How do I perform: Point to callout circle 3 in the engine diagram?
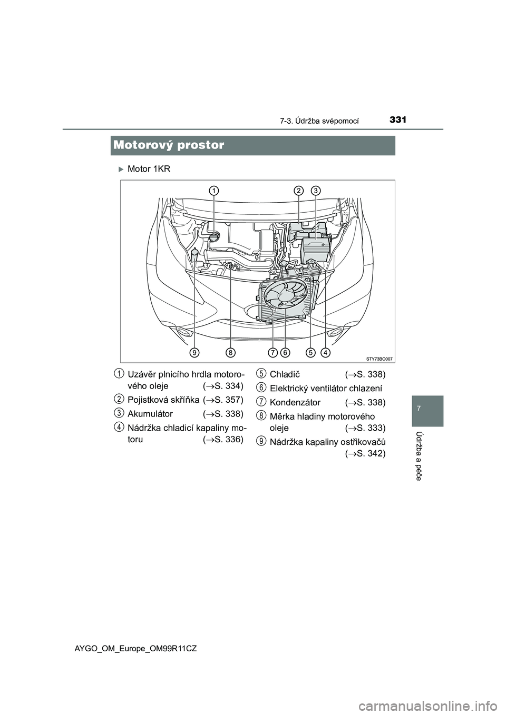(x=316, y=190)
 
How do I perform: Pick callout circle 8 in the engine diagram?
(x=231, y=351)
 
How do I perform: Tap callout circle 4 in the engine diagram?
(x=325, y=351)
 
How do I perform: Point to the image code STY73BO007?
(x=379, y=358)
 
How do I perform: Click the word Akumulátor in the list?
(x=150, y=414)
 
